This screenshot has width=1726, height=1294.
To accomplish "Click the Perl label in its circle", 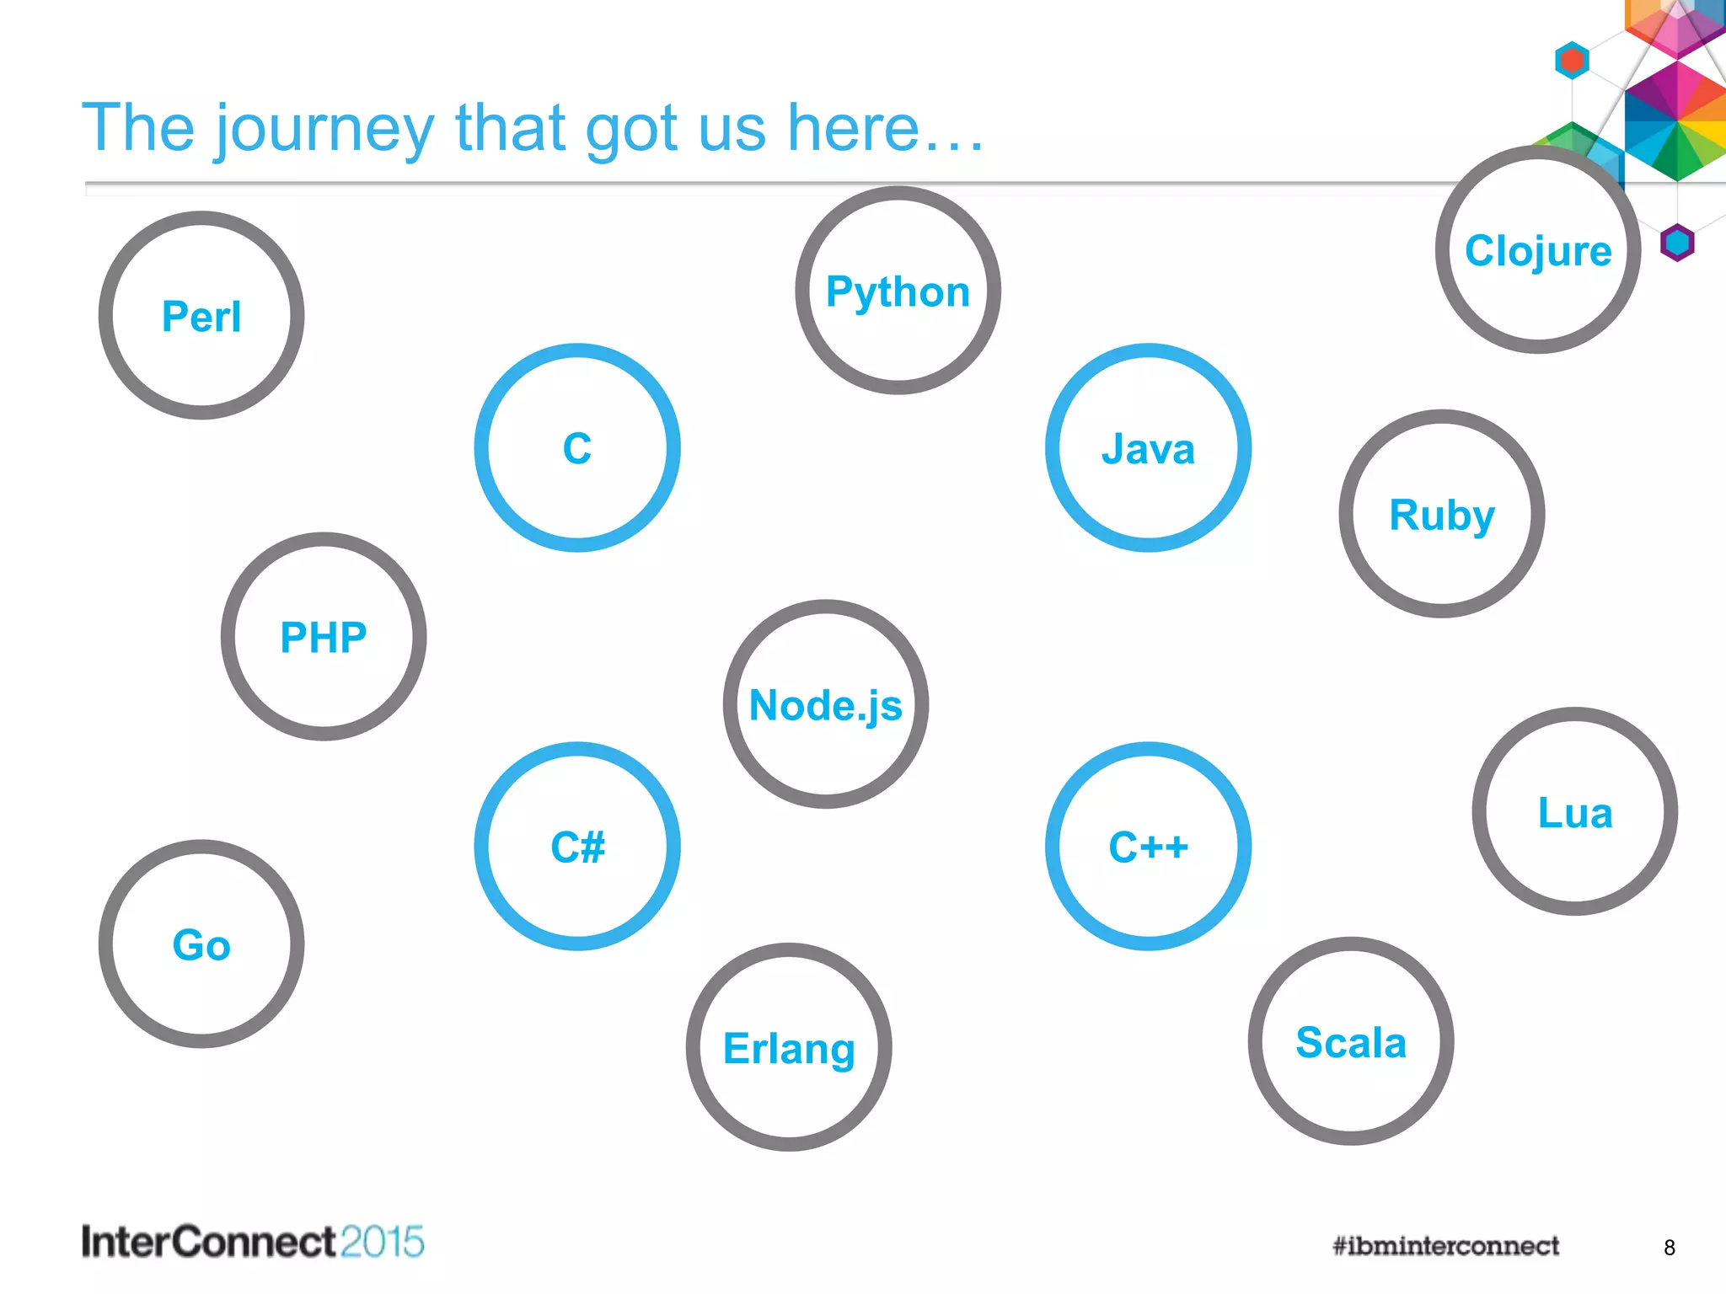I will (x=201, y=317).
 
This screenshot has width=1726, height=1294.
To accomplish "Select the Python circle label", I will (x=898, y=292).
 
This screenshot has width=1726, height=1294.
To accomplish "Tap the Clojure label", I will (x=1538, y=251).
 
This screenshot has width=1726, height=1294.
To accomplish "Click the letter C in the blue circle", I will (x=577, y=448).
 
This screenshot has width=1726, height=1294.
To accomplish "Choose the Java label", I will (x=1148, y=449).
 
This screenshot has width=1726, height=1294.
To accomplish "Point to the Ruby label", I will (x=1442, y=516).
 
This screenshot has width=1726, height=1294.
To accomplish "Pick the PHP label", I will (x=324, y=638).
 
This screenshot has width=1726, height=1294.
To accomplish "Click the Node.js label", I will (x=826, y=705).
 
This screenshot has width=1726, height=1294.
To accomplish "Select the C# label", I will (x=577, y=847).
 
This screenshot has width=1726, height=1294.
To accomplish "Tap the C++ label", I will (x=1148, y=847).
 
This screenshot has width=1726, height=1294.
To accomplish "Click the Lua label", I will (x=1575, y=813).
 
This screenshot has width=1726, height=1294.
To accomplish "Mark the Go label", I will (x=201, y=944).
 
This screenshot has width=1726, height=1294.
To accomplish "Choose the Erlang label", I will (x=789, y=1049).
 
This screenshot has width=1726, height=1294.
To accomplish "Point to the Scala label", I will (x=1351, y=1043).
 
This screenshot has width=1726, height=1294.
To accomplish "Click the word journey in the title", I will (x=324, y=129).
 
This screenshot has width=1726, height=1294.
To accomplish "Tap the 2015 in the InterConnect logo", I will (x=382, y=1242).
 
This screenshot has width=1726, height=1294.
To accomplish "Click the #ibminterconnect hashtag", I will (x=1445, y=1245).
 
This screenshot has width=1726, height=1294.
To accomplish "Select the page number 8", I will (x=1669, y=1248).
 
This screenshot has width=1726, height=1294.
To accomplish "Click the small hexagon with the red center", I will (x=1572, y=61).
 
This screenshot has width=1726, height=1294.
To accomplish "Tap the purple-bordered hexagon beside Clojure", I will (x=1677, y=243).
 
